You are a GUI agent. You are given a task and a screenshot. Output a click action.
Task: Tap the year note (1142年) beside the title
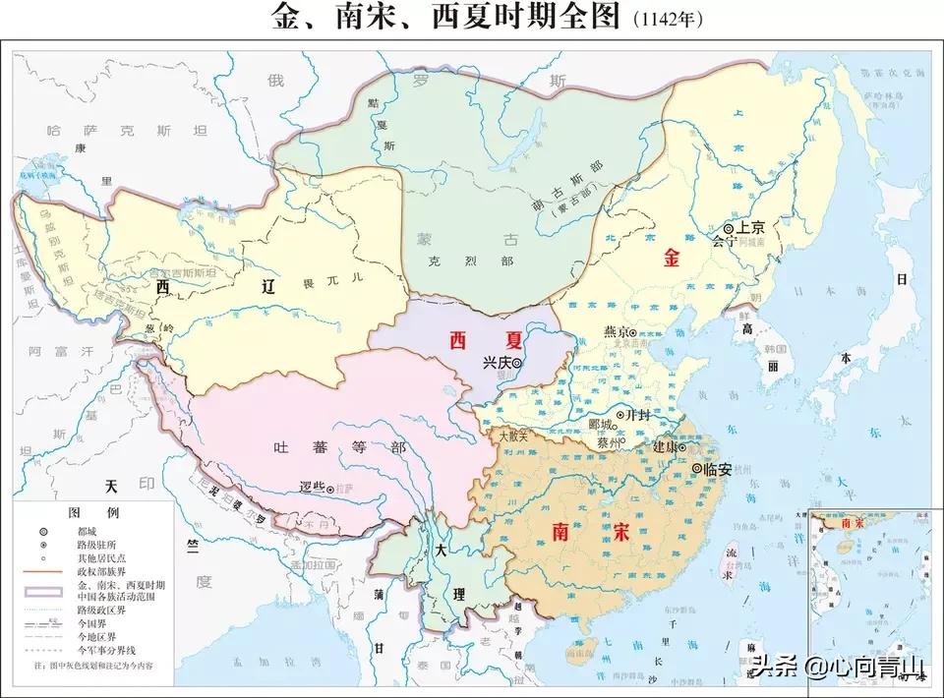tap(672, 20)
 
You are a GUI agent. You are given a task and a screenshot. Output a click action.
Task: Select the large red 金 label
tap(673, 259)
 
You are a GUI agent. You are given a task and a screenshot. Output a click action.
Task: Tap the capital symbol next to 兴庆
tap(516, 363)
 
